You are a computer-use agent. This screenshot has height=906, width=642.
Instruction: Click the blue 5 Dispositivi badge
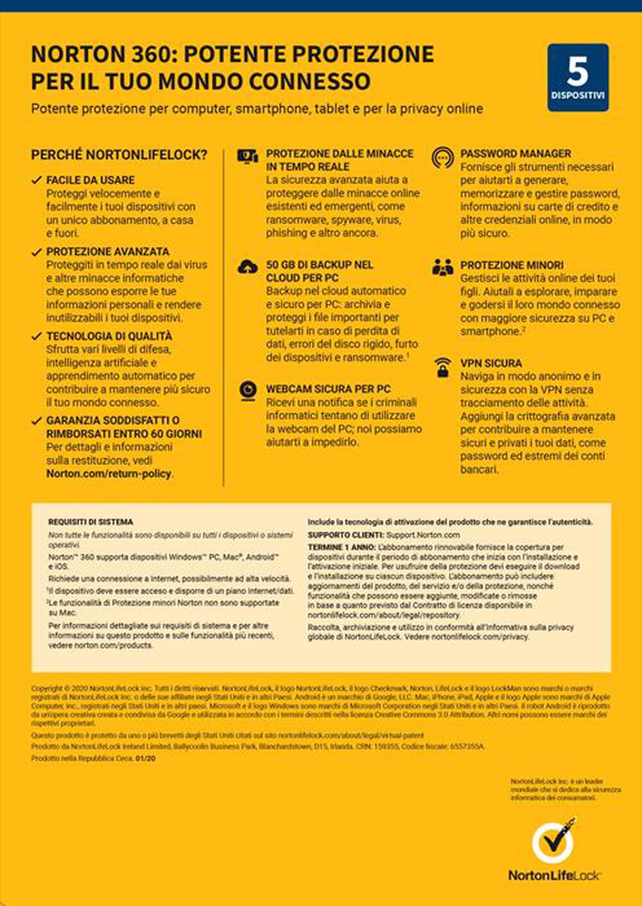pos(578,77)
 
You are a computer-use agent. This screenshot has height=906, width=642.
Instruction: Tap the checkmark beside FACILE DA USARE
pos(37,180)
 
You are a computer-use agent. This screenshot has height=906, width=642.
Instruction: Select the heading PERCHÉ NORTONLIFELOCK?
pos(119,155)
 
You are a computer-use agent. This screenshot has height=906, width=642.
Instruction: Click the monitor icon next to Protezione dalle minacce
pos(247,156)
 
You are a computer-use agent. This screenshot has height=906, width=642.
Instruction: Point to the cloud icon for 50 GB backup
pos(248,266)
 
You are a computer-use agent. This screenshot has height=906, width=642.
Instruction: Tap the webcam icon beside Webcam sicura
pos(248,390)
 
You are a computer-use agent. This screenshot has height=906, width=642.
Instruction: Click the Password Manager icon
pos(442,157)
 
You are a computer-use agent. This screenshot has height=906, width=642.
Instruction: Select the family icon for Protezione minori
pos(442,267)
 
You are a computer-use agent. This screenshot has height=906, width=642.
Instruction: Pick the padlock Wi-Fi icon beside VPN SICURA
pos(442,367)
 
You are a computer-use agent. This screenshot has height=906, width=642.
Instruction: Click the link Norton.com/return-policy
pos(109,474)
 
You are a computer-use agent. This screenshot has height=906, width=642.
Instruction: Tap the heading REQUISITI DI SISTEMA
pos(91,522)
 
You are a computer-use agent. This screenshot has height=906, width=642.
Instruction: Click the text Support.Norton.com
pos(423,535)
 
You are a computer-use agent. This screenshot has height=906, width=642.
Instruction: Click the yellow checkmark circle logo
pos(553,842)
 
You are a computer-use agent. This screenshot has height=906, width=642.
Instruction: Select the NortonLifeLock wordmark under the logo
pos(554,875)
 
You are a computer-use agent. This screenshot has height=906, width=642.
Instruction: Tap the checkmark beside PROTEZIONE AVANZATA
pos(37,252)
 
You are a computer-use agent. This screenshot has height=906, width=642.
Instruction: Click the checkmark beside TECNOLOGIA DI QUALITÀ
pos(37,336)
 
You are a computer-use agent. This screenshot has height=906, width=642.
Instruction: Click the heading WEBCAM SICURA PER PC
pos(328,389)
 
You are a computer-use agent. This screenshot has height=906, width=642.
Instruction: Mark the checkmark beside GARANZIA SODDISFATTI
pos(37,421)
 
